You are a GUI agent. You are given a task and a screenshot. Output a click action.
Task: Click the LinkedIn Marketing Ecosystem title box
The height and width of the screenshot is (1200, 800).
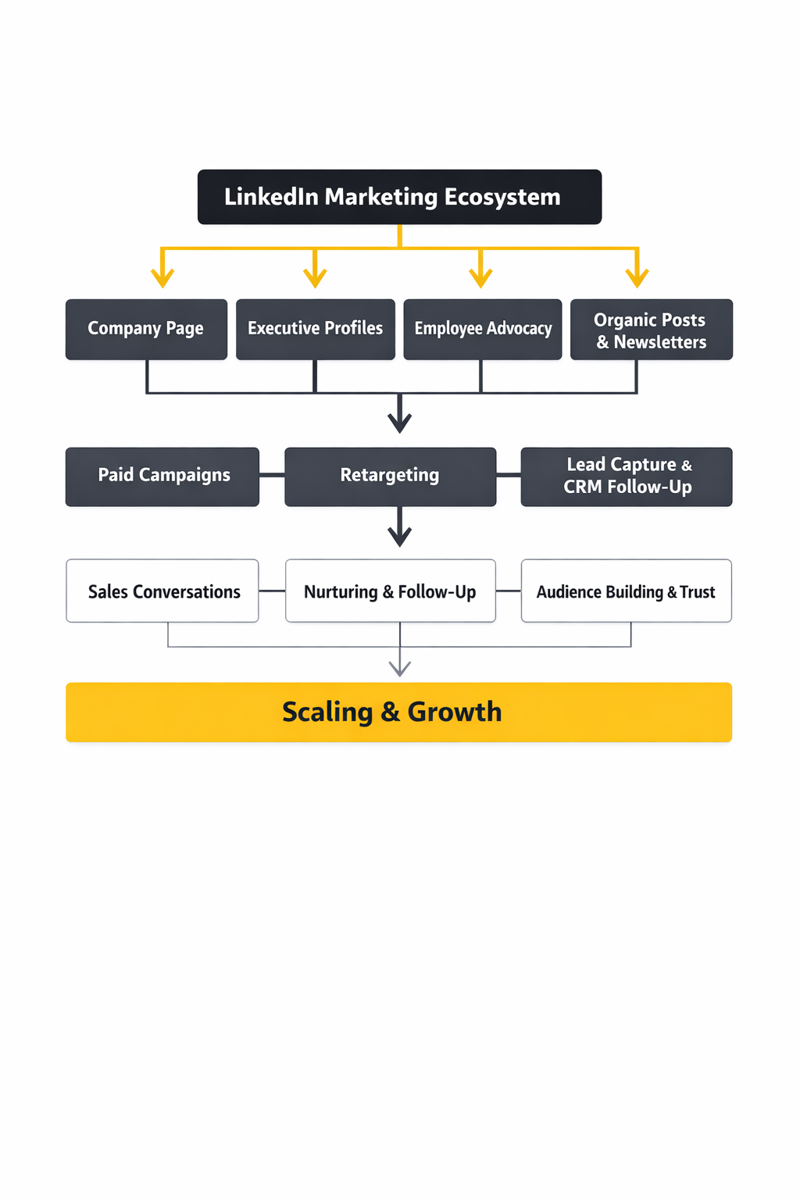pyautogui.click(x=399, y=197)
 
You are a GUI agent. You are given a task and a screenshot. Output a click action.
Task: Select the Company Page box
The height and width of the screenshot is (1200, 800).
pyautogui.click(x=146, y=329)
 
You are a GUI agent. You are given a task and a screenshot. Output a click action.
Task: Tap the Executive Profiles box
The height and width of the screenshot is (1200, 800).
pyautogui.click(x=315, y=329)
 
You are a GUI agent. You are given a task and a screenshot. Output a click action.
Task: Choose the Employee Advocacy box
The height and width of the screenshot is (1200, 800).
pyautogui.click(x=482, y=329)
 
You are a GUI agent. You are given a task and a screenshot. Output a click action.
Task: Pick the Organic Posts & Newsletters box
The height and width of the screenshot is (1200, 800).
pyautogui.click(x=651, y=329)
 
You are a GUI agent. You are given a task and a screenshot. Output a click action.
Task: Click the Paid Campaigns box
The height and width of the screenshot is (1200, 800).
pyautogui.click(x=162, y=477)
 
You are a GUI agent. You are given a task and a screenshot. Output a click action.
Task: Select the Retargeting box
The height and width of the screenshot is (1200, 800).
pyautogui.click(x=390, y=477)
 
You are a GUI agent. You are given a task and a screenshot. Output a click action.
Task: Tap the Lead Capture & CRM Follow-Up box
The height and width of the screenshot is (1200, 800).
pyautogui.click(x=626, y=477)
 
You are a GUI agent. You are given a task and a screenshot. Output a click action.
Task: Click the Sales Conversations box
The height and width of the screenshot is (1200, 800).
pyautogui.click(x=162, y=591)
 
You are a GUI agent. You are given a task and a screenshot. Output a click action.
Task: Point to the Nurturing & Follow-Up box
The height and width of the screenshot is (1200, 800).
pyautogui.click(x=390, y=591)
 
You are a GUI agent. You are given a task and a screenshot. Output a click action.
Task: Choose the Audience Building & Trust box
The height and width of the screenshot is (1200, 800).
pyautogui.click(x=626, y=591)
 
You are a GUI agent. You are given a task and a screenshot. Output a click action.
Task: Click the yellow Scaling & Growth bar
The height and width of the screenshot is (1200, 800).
pyautogui.click(x=398, y=712)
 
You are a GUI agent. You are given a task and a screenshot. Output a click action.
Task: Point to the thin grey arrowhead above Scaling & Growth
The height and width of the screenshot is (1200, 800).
pyautogui.click(x=400, y=668)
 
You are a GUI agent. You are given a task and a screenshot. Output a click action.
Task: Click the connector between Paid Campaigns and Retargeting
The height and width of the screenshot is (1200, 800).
pyautogui.click(x=272, y=475)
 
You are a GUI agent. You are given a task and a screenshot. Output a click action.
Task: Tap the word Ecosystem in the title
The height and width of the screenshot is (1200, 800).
pyautogui.click(x=502, y=197)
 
